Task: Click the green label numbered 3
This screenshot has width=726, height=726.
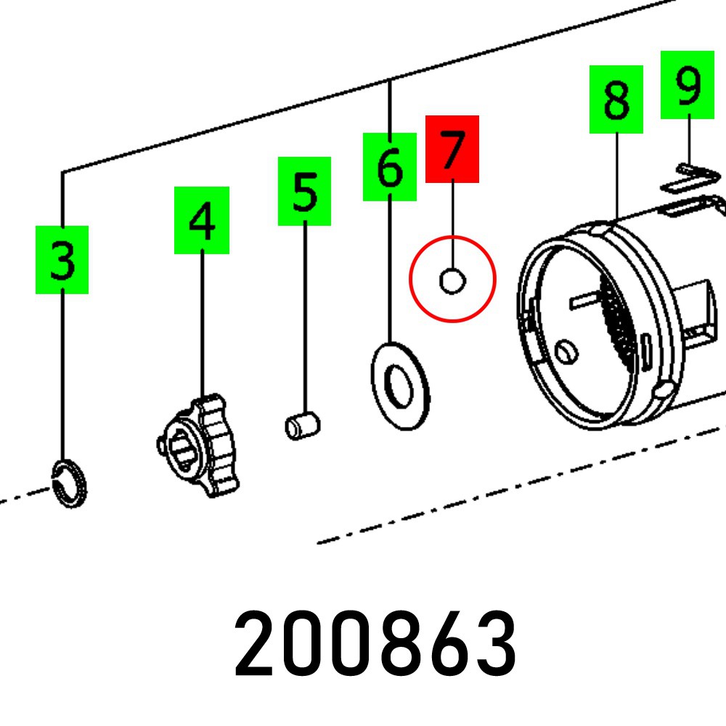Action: (62, 259)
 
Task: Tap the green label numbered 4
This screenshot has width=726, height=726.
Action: (201, 220)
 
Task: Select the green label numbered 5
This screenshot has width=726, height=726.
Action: (304, 191)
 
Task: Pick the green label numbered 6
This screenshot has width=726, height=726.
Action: (389, 166)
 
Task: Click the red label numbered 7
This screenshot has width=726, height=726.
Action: (452, 149)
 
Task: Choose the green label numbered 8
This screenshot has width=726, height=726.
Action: (616, 99)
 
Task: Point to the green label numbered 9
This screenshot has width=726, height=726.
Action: (687, 84)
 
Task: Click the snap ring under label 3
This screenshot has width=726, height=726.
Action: (72, 483)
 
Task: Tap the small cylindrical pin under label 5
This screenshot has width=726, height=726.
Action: (302, 425)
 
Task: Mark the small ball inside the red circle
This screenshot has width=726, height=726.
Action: (452, 280)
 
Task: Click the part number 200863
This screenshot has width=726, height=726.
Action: (375, 643)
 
